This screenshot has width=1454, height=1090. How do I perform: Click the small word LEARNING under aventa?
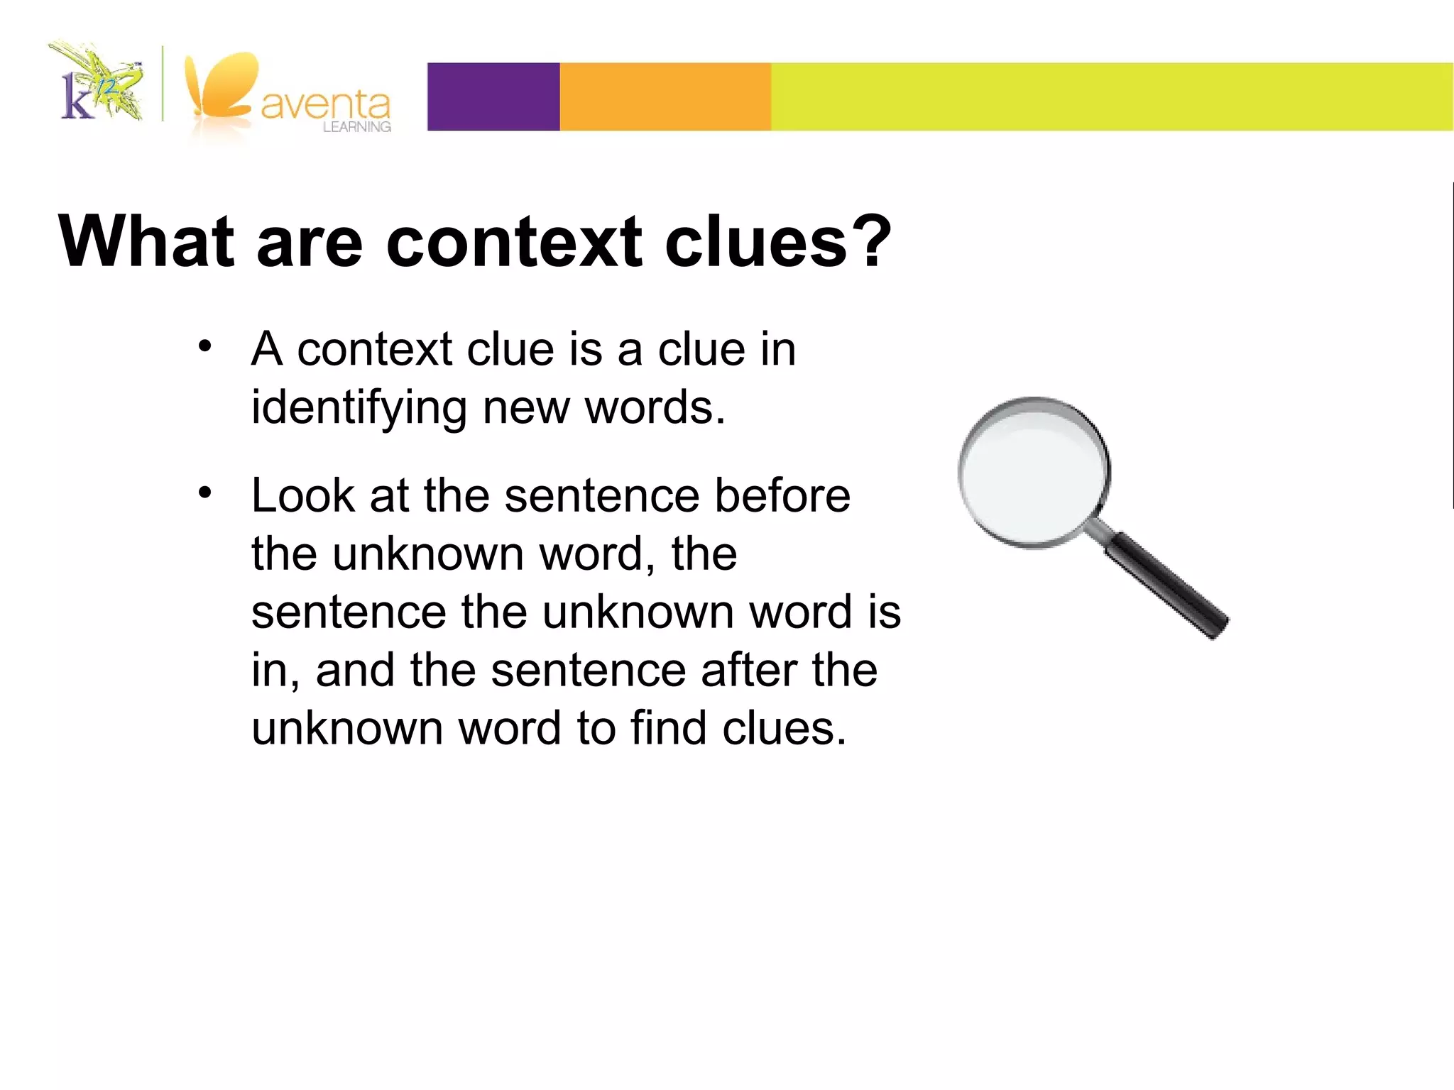pos(356,127)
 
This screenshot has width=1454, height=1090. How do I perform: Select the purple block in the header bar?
pos(493,97)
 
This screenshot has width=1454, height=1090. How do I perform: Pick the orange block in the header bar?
pos(665,97)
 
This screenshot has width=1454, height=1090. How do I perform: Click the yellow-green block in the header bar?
pos(1111,97)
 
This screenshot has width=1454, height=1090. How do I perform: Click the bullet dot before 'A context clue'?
pos(205,346)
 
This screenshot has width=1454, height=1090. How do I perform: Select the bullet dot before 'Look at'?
pos(205,492)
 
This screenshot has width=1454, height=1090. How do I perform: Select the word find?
pos(668,728)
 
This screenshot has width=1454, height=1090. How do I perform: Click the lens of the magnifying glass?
pos(1032,471)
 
